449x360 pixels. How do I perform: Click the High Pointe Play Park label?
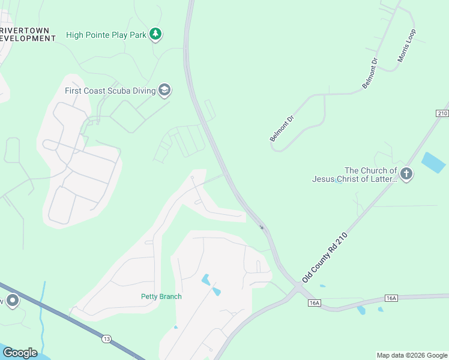click(106, 35)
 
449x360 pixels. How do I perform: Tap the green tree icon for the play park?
click(156, 34)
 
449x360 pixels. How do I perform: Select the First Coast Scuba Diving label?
click(110, 91)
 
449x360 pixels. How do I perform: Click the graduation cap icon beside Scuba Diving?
click(164, 91)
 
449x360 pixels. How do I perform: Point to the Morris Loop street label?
click(406, 46)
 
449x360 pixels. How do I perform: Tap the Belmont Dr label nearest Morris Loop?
click(370, 74)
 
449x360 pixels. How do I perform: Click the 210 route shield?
click(442, 113)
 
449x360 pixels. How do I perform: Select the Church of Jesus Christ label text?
click(354, 175)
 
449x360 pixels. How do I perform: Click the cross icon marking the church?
click(406, 175)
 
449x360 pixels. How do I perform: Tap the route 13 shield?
click(106, 339)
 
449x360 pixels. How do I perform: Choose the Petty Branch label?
click(161, 296)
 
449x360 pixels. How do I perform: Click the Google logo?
click(20, 352)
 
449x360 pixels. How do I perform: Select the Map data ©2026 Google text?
click(412, 355)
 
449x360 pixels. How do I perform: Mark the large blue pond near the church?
click(433, 163)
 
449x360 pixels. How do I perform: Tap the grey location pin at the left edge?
click(12, 301)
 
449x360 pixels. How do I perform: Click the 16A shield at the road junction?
click(315, 303)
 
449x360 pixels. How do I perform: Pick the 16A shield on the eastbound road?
click(391, 298)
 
